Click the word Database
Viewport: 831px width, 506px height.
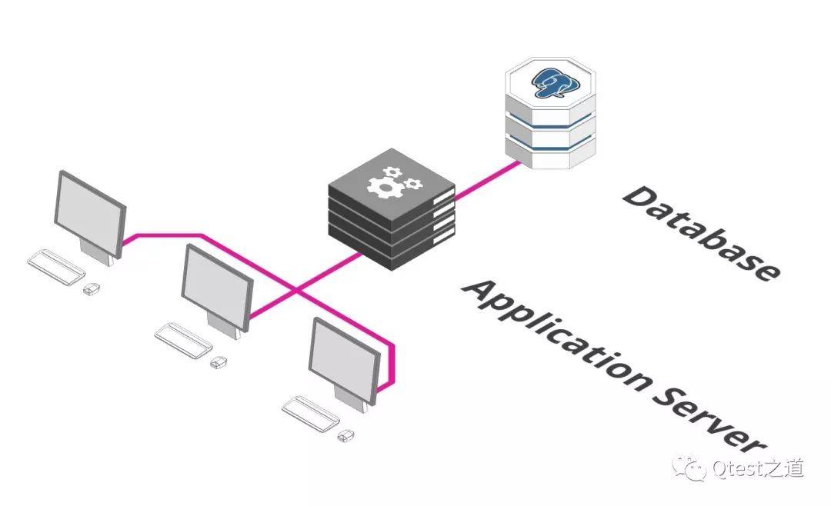pos(701,232)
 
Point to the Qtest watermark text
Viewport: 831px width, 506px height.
pos(758,468)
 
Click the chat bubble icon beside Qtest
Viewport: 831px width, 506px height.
pos(689,468)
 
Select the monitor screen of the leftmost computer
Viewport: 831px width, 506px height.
pos(89,214)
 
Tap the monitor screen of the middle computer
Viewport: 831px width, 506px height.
pos(217,288)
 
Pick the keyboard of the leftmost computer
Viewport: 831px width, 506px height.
pos(56,268)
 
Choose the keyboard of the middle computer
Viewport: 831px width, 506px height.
pos(183,341)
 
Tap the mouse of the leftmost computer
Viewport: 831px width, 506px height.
pos(92,289)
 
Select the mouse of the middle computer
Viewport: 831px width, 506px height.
pos(219,362)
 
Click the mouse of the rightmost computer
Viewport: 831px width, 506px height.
pos(346,435)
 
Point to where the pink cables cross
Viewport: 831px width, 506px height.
pos(297,291)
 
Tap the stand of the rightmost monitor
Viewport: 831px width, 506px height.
pos(351,399)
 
